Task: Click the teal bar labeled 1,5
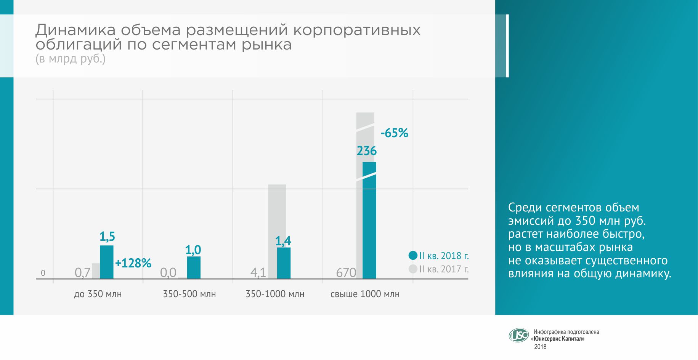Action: (x=107, y=262)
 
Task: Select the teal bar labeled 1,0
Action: (x=194, y=267)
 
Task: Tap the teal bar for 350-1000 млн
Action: (x=284, y=263)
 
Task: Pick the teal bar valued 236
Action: (x=369, y=221)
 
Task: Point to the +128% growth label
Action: (x=133, y=263)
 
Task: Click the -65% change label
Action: (x=395, y=133)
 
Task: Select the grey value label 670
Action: (x=346, y=273)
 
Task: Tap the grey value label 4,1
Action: (x=258, y=273)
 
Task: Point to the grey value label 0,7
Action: (x=82, y=273)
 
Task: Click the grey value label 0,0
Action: (x=168, y=273)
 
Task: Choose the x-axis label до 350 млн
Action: (x=98, y=294)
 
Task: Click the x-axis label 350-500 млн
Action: (x=189, y=294)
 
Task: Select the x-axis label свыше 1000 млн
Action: (x=365, y=294)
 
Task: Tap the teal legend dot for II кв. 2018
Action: (x=413, y=256)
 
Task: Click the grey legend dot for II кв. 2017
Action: (x=413, y=269)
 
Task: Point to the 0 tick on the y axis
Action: (x=43, y=273)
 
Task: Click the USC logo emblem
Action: (x=518, y=335)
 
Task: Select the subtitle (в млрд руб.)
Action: (x=71, y=59)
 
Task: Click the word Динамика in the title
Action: (x=75, y=30)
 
